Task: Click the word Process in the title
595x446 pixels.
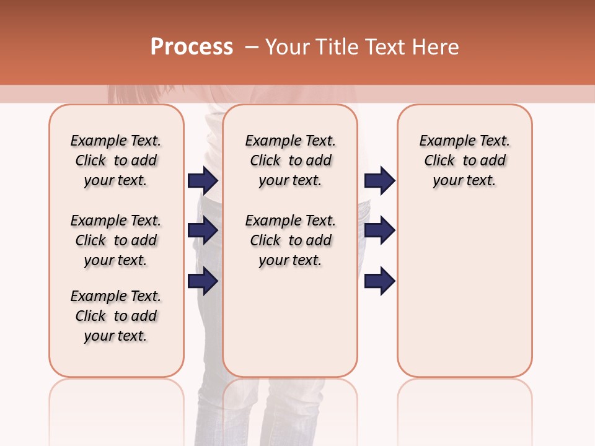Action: click(192, 47)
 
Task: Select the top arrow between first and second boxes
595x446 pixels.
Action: click(203, 180)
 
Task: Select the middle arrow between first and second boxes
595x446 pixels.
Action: click(203, 231)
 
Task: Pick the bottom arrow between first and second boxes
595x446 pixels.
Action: click(203, 281)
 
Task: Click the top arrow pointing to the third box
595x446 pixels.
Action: click(379, 180)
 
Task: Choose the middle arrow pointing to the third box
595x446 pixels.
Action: click(379, 231)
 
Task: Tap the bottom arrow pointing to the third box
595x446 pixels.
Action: click(379, 281)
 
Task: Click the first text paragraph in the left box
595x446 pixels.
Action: click(116, 160)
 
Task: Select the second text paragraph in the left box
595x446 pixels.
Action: click(116, 240)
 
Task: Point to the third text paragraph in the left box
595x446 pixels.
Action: click(116, 316)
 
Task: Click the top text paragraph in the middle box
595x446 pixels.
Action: click(290, 160)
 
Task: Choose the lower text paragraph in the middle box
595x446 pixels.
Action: click(290, 240)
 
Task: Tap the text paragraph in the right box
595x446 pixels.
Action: click(464, 160)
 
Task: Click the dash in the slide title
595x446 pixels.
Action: click(252, 47)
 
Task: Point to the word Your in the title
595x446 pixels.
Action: click(288, 47)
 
